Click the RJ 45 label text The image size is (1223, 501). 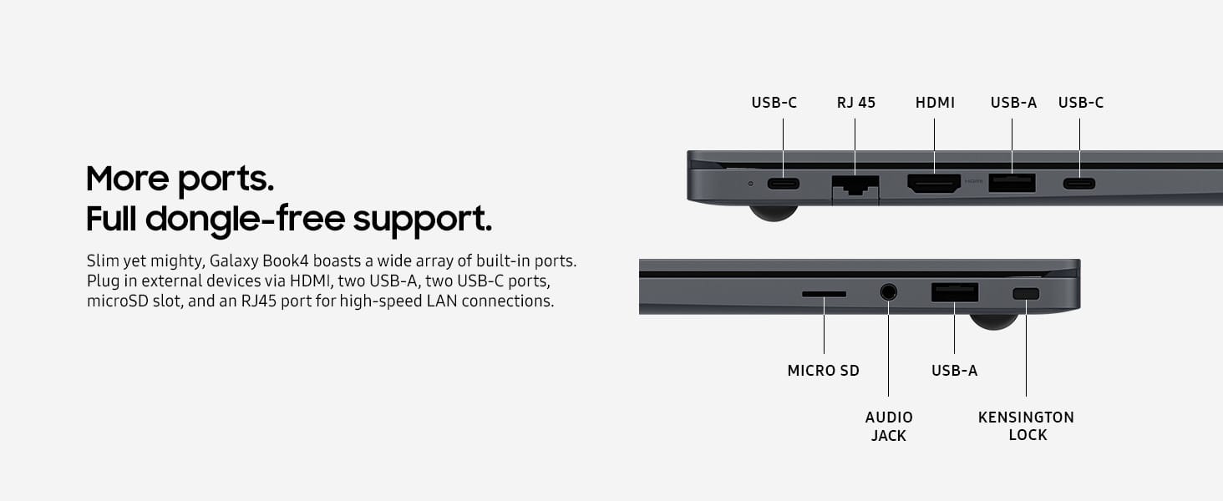pyautogui.click(x=856, y=103)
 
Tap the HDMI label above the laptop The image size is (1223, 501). pyautogui.click(x=935, y=103)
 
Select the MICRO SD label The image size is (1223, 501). pyautogui.click(x=823, y=370)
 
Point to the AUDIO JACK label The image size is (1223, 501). pyautogui.click(x=889, y=426)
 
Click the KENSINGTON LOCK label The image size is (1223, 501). pyautogui.click(x=1026, y=426)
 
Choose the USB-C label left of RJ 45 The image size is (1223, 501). pyautogui.click(x=774, y=103)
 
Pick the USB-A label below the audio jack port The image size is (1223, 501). pyautogui.click(x=954, y=370)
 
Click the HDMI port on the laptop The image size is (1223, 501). pyautogui.click(x=934, y=184)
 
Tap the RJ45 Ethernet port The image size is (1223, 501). pyautogui.click(x=855, y=185)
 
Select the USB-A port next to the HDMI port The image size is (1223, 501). pyautogui.click(x=1012, y=183)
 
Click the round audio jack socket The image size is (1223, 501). pyautogui.click(x=888, y=292)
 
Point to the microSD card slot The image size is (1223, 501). pyautogui.click(x=824, y=294)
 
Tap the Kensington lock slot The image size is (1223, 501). pyautogui.click(x=1026, y=294)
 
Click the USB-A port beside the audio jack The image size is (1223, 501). pyautogui.click(x=955, y=292)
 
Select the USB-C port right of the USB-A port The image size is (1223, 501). pyautogui.click(x=1078, y=184)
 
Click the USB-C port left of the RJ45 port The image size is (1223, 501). pyautogui.click(x=783, y=184)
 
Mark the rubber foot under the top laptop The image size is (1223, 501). pyautogui.click(x=774, y=213)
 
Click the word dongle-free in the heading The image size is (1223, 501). pyautogui.click(x=245, y=219)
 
